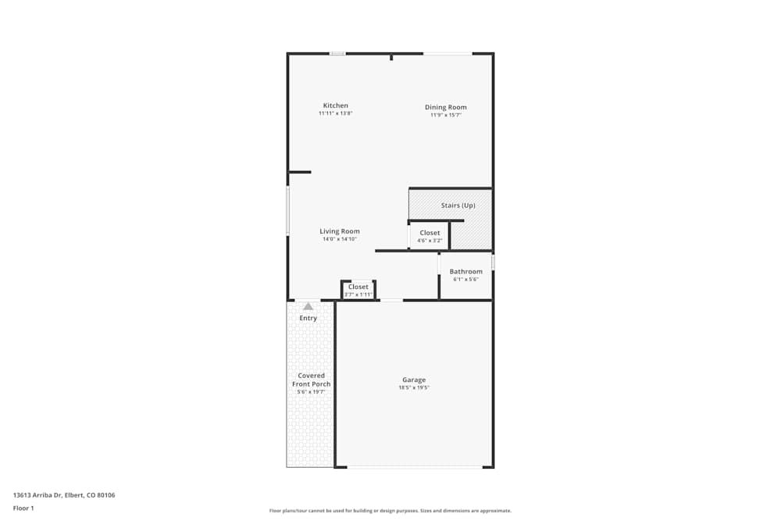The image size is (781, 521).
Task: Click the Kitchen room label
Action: tap(336, 105)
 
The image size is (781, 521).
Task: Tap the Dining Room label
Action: tap(446, 107)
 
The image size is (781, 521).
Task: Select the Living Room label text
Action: tap(340, 231)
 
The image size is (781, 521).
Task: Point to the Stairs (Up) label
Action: tap(458, 205)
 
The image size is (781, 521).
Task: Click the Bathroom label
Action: tap(465, 272)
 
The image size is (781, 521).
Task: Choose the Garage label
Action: tap(414, 380)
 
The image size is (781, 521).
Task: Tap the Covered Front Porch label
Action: tap(311, 380)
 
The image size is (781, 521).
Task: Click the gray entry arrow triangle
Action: tap(308, 306)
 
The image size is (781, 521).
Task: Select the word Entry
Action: tap(308, 318)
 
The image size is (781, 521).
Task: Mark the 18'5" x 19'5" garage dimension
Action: tap(414, 387)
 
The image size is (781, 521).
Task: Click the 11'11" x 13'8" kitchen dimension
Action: tap(336, 113)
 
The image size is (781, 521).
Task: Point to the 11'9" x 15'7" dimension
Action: tap(446, 115)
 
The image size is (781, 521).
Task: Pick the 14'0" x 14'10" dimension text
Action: tap(340, 239)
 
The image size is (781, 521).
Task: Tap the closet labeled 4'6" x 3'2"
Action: tap(430, 237)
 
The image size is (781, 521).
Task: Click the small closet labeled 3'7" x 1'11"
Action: tap(358, 291)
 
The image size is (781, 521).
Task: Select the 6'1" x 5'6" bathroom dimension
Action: tap(465, 279)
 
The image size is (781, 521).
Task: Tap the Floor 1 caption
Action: tap(23, 508)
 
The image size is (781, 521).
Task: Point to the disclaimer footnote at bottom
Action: tap(390, 511)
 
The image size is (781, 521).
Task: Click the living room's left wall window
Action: tap(287, 210)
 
